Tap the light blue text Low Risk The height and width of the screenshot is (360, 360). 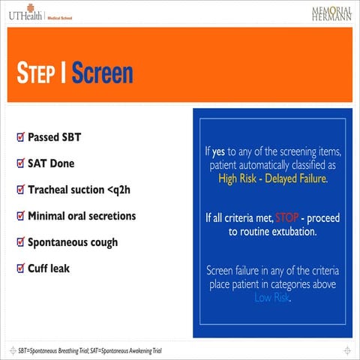click(272, 297)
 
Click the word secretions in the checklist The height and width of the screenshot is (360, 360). click(111, 216)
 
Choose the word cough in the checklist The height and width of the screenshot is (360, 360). click(103, 243)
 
